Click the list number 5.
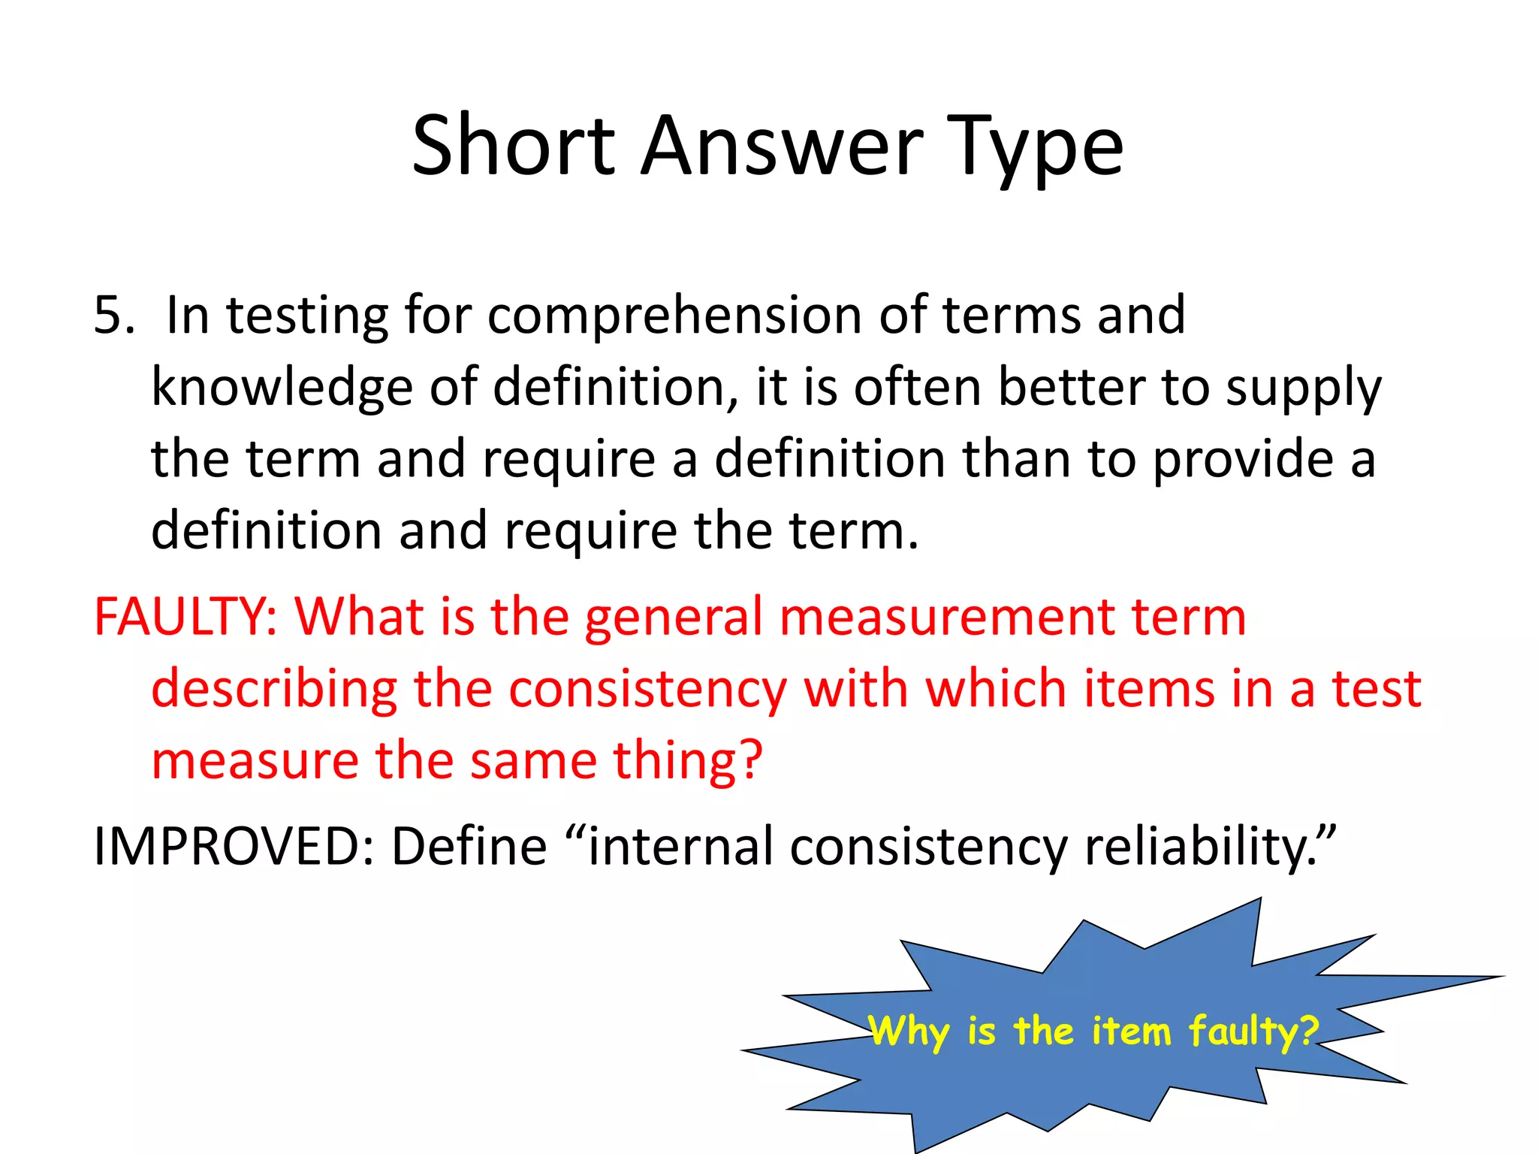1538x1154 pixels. (x=113, y=315)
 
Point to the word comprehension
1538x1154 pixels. (x=674, y=316)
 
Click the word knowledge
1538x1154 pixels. (x=282, y=388)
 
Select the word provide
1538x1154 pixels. (x=1243, y=461)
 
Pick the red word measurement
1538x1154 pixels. (x=947, y=618)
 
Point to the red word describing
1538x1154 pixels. (x=274, y=690)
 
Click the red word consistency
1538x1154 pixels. (x=648, y=690)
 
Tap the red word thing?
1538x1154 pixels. (x=687, y=760)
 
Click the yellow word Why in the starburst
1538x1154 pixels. (x=909, y=1032)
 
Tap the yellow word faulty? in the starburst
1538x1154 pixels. (x=1253, y=1032)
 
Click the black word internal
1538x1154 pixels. (x=680, y=847)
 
